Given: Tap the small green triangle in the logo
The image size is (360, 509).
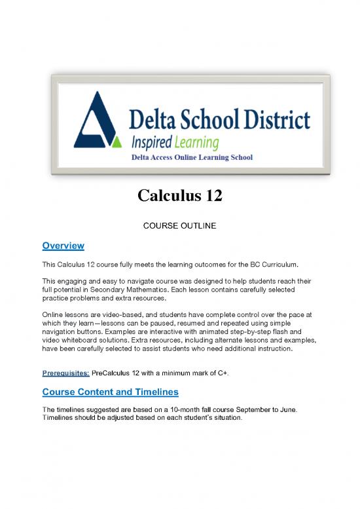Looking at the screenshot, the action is (117, 141).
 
